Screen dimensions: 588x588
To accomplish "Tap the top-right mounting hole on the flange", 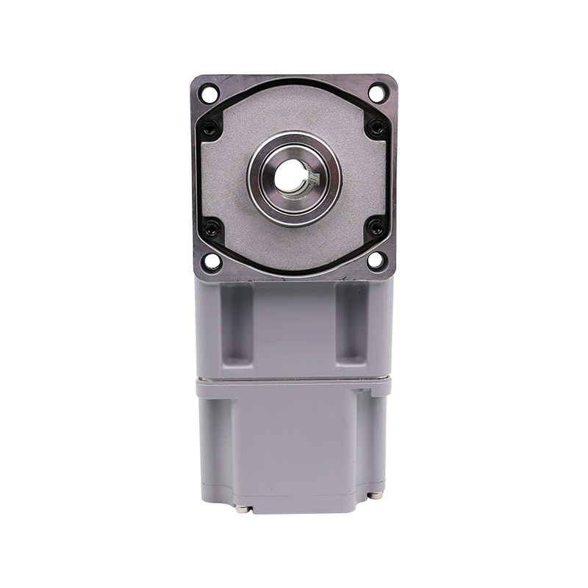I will tap(377, 93).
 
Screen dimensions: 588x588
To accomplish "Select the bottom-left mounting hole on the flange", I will tap(210, 260).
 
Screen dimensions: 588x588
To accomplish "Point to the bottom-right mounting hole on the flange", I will tap(377, 259).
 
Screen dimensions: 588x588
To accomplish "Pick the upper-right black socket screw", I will tap(376, 127).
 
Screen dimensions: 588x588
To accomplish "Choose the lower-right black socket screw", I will tap(376, 227).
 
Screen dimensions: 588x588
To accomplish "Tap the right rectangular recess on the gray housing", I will tap(351, 323).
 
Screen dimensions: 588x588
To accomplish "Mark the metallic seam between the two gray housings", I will tap(294, 380).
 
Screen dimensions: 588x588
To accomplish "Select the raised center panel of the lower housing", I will tap(294, 448).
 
